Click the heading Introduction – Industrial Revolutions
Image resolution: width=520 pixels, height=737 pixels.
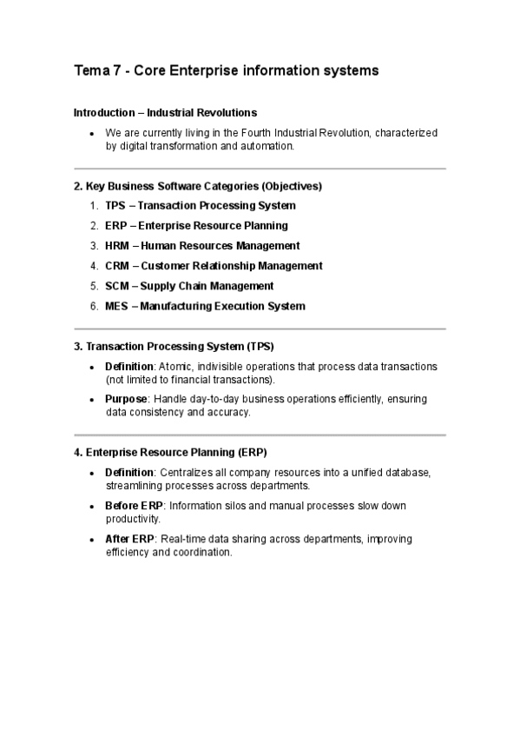click(x=165, y=113)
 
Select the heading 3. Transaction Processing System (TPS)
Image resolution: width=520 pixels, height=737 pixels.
click(x=174, y=347)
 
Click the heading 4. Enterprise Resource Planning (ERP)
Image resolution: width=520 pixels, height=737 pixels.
click(x=170, y=452)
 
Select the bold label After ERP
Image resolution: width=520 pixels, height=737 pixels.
click(x=129, y=539)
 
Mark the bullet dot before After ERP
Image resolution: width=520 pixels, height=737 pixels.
click(x=92, y=540)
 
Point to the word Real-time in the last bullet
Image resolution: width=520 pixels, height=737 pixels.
click(x=185, y=539)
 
